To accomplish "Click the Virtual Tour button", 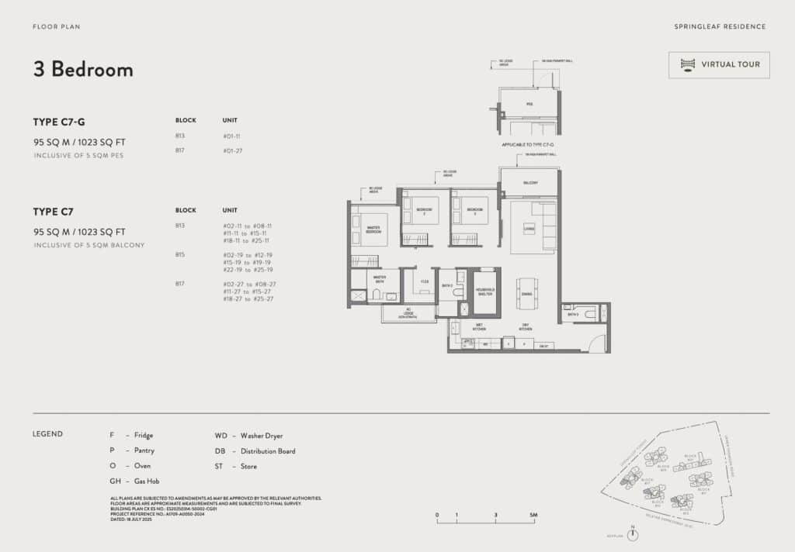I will pyautogui.click(x=719, y=64).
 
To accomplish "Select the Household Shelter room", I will pyautogui.click(x=485, y=292).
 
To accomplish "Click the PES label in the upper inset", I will pyautogui.click(x=529, y=103).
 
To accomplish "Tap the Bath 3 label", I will pyautogui.click(x=573, y=314).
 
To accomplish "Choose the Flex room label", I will pyautogui.click(x=425, y=281).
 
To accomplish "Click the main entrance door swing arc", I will pyautogui.click(x=597, y=343).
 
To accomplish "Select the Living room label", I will pyautogui.click(x=529, y=229).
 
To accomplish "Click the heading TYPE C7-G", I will pyautogui.click(x=59, y=122).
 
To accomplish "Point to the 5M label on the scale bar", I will pyautogui.click(x=533, y=515).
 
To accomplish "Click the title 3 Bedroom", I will pyautogui.click(x=83, y=69).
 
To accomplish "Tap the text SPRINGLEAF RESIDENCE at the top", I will pyautogui.click(x=720, y=26).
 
